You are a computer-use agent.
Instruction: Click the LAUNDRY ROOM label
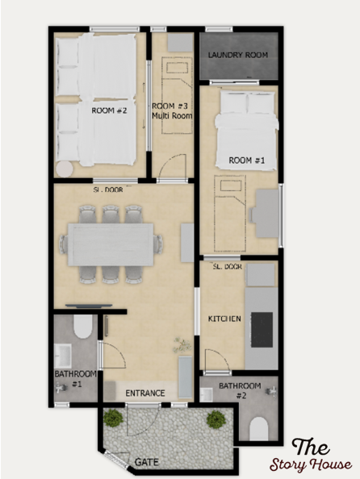tap(238, 55)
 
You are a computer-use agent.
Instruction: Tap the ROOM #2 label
tap(109, 110)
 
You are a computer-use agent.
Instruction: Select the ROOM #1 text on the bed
tap(247, 160)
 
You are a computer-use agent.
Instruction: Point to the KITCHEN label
tap(224, 319)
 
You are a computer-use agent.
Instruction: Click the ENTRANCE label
tap(145, 394)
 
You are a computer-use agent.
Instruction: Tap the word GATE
tap(147, 462)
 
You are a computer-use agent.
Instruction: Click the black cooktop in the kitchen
tap(262, 330)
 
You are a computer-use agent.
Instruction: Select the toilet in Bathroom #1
tap(83, 327)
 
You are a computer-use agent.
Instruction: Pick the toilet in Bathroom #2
tap(259, 429)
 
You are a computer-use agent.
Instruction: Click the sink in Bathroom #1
tap(63, 356)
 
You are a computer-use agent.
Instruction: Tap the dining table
tap(111, 244)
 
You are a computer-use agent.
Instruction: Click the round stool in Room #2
tap(65, 169)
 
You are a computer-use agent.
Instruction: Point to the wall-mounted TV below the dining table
tap(89, 306)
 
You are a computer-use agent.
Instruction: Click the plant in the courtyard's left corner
tap(114, 418)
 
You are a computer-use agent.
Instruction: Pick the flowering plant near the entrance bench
tap(182, 345)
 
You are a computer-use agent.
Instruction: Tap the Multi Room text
tap(173, 116)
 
